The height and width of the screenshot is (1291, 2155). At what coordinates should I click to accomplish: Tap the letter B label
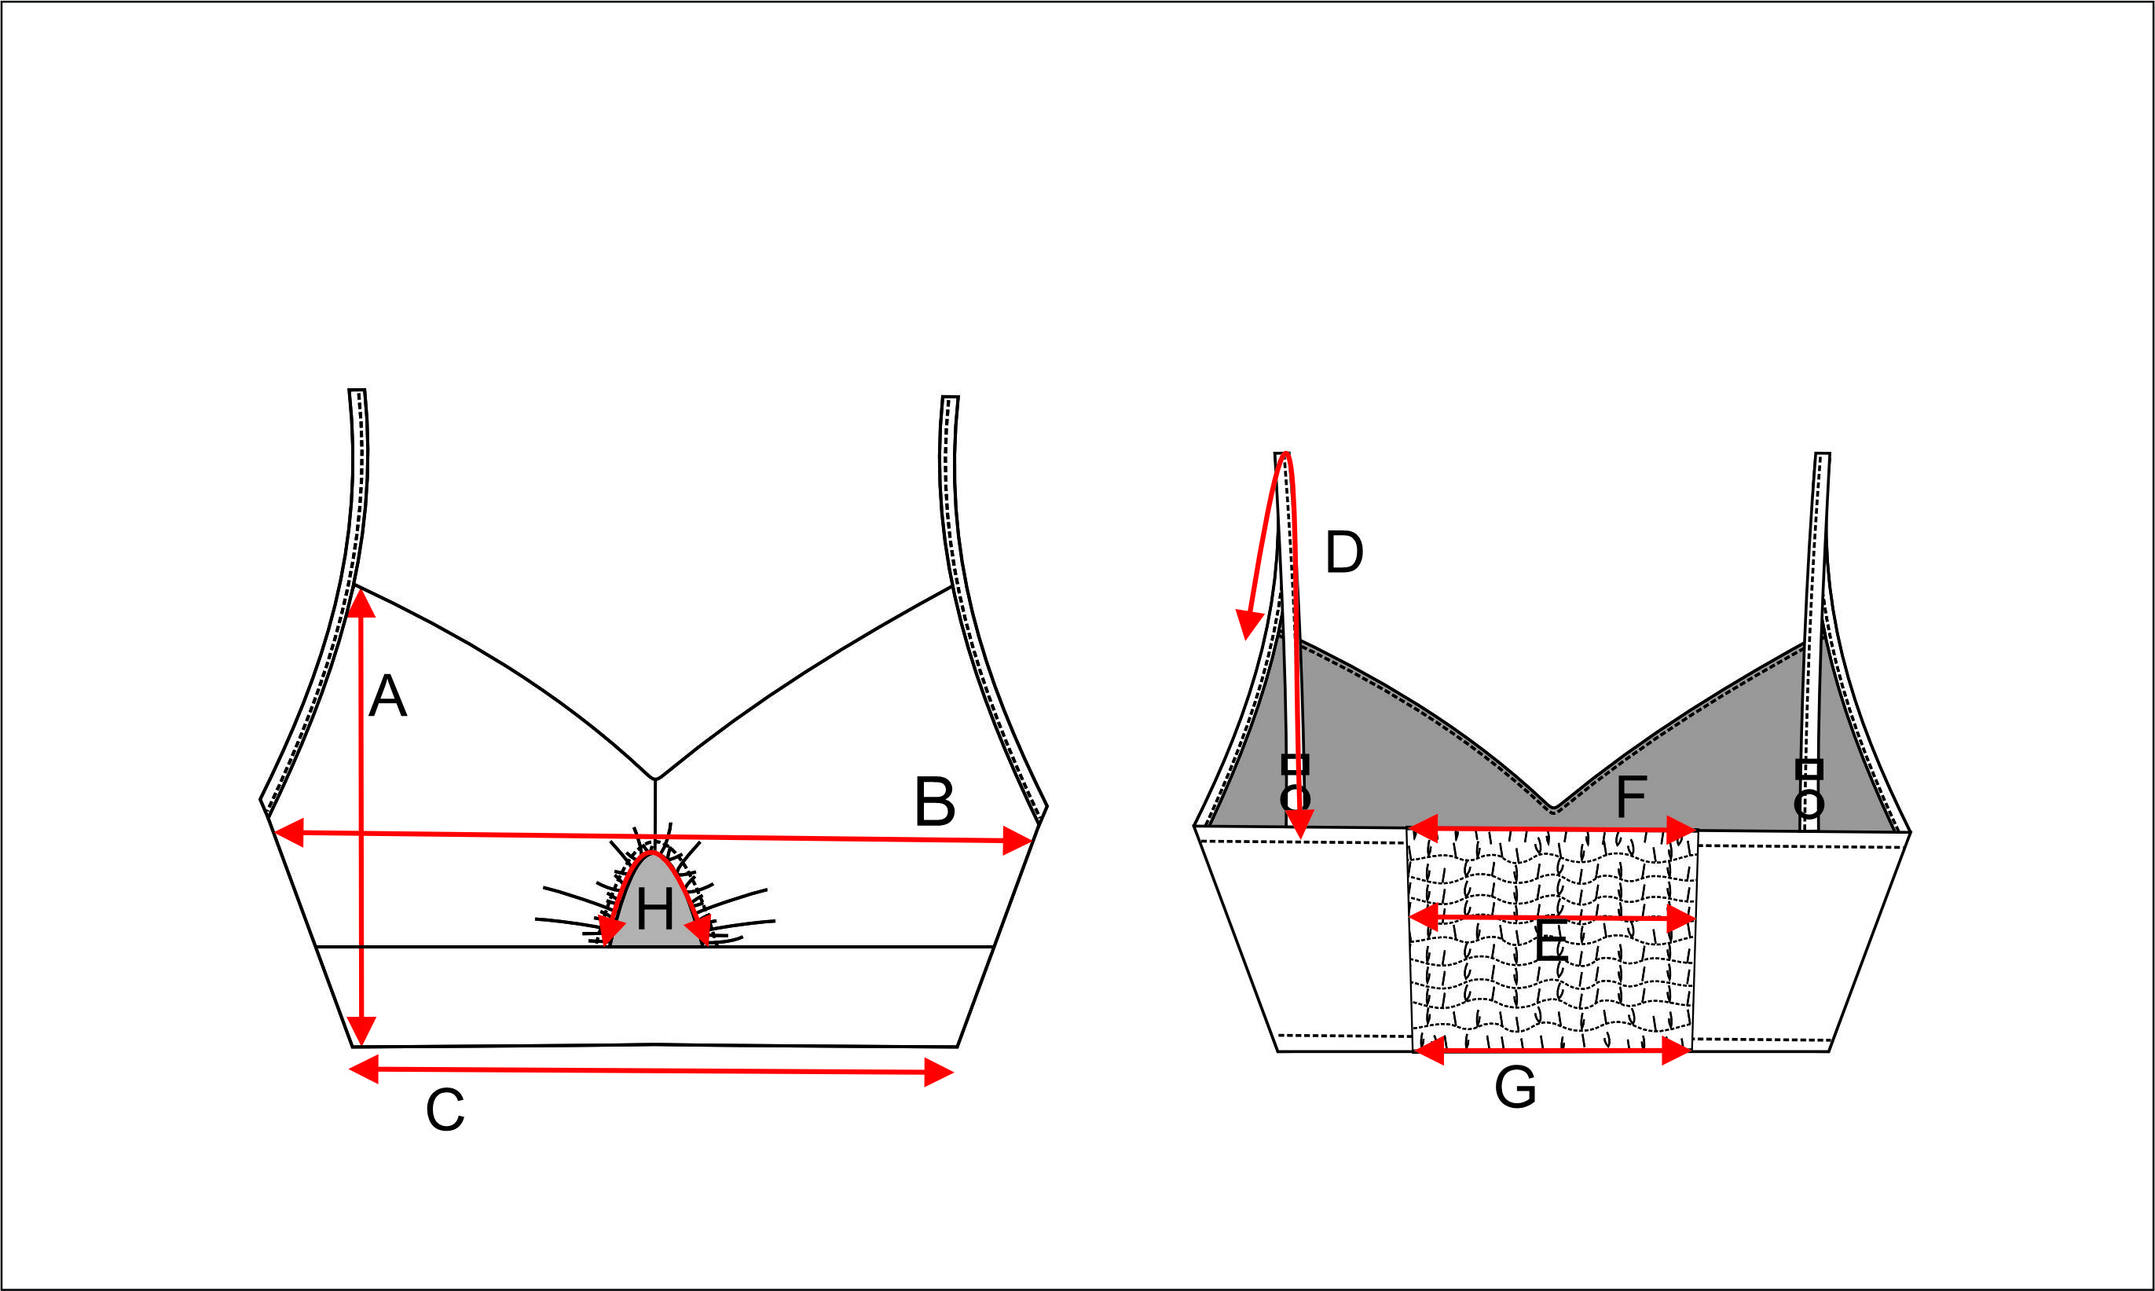(x=935, y=801)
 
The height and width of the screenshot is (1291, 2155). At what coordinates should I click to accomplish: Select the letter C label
(x=445, y=1111)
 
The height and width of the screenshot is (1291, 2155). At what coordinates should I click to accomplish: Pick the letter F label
(x=1631, y=796)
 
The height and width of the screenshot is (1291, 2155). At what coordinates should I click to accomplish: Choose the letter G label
(x=1515, y=1087)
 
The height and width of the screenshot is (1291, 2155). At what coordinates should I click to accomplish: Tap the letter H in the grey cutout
(x=654, y=910)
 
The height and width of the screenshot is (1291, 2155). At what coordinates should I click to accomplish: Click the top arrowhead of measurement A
(x=361, y=603)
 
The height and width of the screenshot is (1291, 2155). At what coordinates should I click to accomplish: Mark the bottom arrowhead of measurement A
(x=361, y=1030)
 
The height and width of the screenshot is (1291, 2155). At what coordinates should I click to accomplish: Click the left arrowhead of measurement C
(x=364, y=1069)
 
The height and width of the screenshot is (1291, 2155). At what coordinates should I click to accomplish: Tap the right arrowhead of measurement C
(x=939, y=1073)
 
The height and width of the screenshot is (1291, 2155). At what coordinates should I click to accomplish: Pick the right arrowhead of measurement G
(x=1676, y=1051)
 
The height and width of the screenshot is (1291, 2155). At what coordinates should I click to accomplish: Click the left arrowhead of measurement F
(x=1423, y=828)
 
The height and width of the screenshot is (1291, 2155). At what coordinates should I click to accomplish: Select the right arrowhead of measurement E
(x=1682, y=919)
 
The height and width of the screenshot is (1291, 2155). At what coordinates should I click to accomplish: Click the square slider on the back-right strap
(x=1809, y=769)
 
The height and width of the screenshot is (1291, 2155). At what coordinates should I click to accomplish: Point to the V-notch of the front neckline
(x=655, y=779)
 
